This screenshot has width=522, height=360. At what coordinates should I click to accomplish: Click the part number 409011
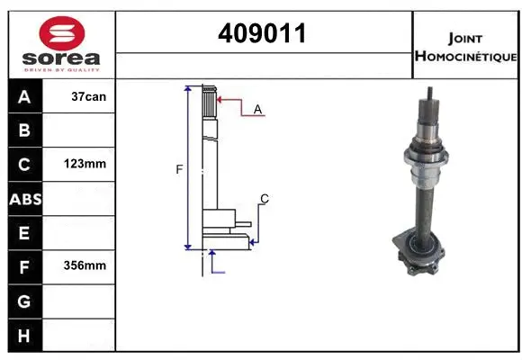click(262, 34)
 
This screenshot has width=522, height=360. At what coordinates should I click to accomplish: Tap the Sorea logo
click(61, 44)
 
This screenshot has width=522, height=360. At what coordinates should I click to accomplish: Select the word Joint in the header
click(464, 39)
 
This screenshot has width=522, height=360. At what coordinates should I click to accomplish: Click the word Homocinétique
click(464, 57)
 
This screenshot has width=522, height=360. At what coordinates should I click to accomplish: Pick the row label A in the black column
click(24, 97)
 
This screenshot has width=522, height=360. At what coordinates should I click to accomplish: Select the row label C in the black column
click(24, 165)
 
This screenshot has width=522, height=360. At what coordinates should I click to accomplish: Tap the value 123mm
click(87, 165)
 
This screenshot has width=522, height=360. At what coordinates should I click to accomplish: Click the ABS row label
click(24, 199)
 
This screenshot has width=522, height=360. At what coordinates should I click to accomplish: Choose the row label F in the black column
click(24, 266)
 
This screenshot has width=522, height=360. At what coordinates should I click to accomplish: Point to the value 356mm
click(87, 266)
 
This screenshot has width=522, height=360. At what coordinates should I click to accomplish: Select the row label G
click(24, 301)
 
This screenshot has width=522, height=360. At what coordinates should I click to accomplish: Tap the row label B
click(24, 131)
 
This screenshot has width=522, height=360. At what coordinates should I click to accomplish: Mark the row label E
click(24, 233)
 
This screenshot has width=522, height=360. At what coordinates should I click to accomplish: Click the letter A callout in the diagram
click(257, 109)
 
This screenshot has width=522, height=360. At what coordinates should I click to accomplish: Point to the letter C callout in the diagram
click(264, 198)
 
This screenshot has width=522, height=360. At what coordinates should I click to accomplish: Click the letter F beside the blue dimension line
click(179, 168)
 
